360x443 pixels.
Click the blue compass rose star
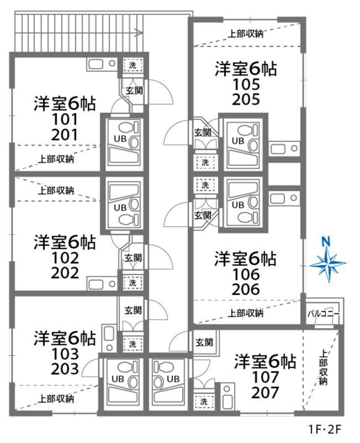coord(327,264)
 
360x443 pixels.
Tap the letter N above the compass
coord(326,242)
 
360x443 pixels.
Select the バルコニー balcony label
coord(323,314)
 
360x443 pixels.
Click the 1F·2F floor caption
coord(325,430)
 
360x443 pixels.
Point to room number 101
coord(64,120)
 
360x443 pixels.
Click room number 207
coord(265,392)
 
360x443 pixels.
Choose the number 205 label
coord(246,99)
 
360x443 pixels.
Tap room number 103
coord(64,354)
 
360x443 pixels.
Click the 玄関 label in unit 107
coord(204,343)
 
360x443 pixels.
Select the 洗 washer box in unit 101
coord(132,65)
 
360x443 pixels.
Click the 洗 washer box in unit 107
coord(204,401)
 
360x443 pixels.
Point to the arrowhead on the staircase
coord(138,33)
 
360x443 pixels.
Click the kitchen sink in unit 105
coord(284,148)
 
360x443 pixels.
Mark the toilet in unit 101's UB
coord(129,127)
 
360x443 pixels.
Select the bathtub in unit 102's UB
coord(124,191)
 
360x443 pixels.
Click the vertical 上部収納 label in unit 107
coord(323,368)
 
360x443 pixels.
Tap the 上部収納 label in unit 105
coord(246,34)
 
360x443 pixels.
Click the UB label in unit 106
coord(237,205)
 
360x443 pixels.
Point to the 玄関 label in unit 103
coord(133,310)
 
